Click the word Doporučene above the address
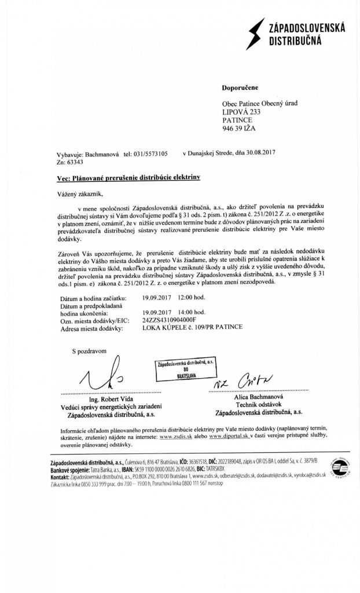pos(239,87)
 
